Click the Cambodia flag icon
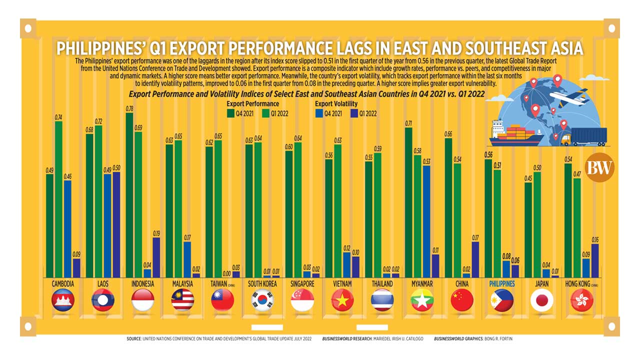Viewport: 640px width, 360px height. point(62,300)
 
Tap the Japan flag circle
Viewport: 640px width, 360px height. point(541,300)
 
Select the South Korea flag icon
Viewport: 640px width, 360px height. point(262,300)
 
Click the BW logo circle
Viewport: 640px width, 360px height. point(599,168)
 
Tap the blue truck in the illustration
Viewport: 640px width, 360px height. point(585,136)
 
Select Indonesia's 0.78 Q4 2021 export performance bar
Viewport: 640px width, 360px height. point(129,195)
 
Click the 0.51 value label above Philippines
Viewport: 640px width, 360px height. point(497,165)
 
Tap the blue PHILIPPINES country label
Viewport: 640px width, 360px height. point(501,284)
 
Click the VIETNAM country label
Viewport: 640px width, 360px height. point(342,284)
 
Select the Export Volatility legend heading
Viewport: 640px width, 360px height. point(336,103)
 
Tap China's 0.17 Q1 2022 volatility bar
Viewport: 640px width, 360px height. point(475,259)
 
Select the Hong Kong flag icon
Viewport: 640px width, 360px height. point(581,300)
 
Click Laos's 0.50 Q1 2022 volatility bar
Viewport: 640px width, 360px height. point(116,224)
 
